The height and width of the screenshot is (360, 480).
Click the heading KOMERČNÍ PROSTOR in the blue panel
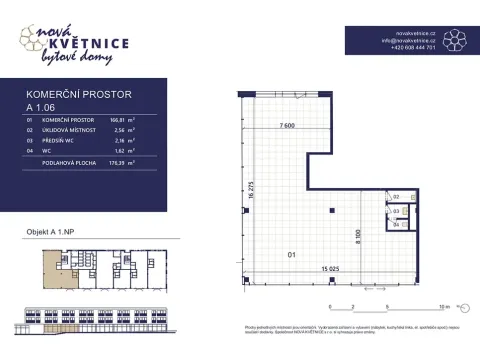click(x=78, y=95)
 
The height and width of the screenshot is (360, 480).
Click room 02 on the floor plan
click(x=396, y=198)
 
